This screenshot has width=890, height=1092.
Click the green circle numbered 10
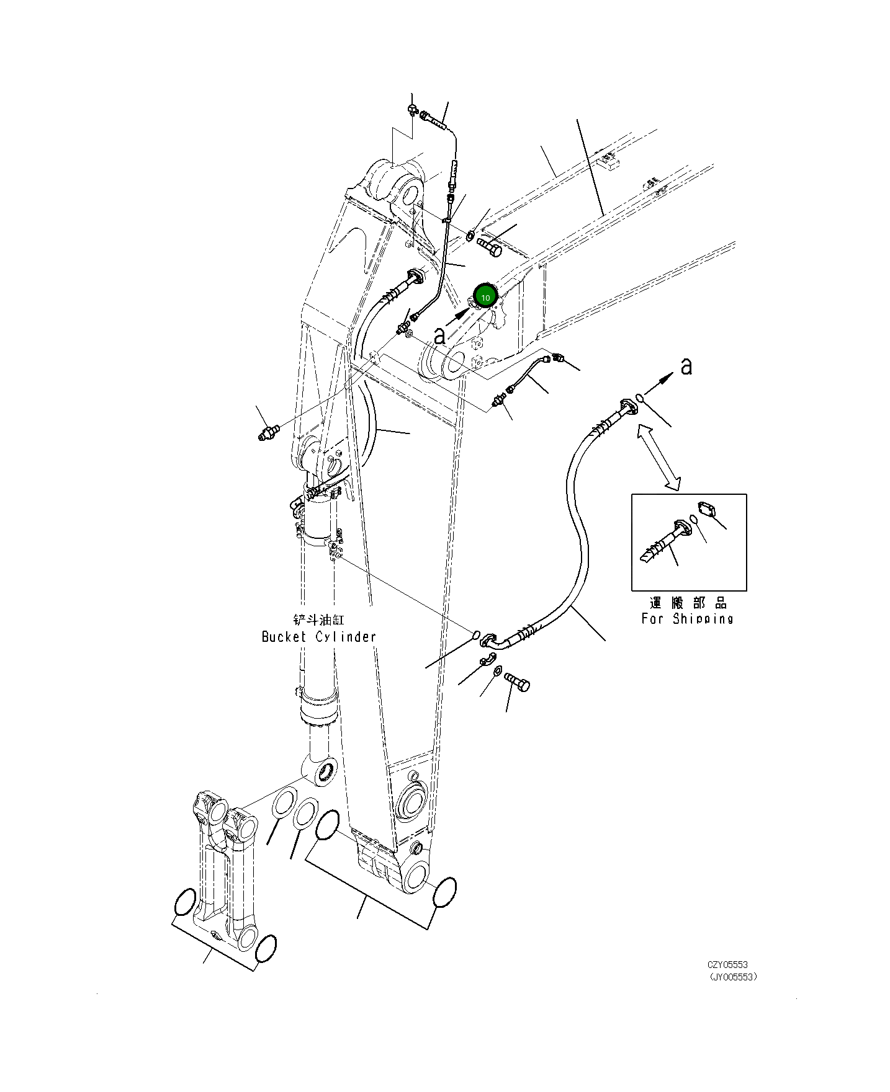(485, 297)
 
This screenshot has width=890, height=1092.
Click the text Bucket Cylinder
(318, 637)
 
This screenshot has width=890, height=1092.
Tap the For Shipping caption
(687, 618)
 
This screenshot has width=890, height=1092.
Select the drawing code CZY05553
(727, 964)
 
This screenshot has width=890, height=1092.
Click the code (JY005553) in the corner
(733, 977)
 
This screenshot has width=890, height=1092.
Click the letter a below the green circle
(439, 336)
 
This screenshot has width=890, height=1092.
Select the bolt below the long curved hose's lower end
(517, 682)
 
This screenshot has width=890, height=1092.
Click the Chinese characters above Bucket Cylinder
(318, 619)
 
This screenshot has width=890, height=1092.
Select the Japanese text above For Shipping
(688, 603)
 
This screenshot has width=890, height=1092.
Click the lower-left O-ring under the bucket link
(184, 902)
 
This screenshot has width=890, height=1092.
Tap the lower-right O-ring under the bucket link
(265, 949)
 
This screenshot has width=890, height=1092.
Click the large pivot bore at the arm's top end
(410, 190)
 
